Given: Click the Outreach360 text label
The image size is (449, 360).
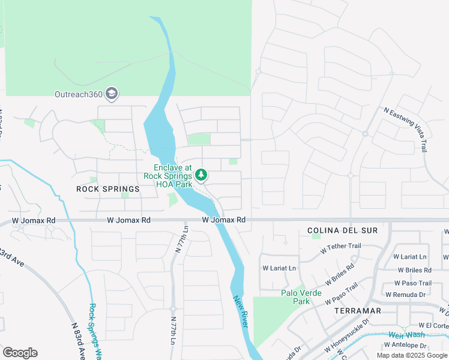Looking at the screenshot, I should (x=78, y=94).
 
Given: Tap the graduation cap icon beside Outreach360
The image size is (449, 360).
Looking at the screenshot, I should (x=111, y=94).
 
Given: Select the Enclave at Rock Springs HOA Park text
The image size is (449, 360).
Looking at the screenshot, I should (x=172, y=176).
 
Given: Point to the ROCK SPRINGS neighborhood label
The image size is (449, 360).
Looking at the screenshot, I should (x=108, y=189).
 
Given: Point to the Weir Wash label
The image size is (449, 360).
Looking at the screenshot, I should (x=406, y=335).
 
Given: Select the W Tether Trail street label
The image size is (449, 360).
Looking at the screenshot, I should (x=340, y=246).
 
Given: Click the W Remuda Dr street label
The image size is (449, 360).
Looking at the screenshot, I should (x=405, y=295).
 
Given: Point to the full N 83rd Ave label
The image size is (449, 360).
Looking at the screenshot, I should (x=77, y=341).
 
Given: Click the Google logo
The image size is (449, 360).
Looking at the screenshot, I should (x=20, y=353).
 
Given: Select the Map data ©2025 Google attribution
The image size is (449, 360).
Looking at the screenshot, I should (x=411, y=355).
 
